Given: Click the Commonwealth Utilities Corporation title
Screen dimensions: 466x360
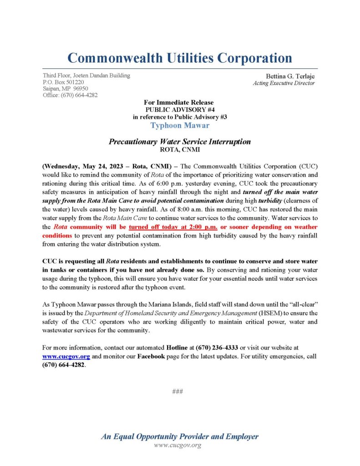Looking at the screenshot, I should tap(180, 58).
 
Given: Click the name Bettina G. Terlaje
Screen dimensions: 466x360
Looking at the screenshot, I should tap(290, 76).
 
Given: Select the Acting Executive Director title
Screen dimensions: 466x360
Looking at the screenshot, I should tap(284, 83).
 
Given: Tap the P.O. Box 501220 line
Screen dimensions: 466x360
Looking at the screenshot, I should tap(63, 82).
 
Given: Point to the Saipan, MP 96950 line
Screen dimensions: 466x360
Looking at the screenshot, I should tap(66, 88).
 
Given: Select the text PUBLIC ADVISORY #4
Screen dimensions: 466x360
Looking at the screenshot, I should tap(180, 110).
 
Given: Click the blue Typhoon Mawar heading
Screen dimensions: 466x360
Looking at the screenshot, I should tap(180, 125).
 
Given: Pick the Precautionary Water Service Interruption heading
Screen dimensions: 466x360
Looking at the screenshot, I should tap(180, 142).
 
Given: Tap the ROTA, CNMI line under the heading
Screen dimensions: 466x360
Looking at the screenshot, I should tap(180, 149).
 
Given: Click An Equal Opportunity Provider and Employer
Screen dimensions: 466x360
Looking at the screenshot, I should tap(180, 436).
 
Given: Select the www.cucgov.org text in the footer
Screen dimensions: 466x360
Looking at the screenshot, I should tap(177, 445).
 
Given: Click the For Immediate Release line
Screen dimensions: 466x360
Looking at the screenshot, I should tap(180, 102).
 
